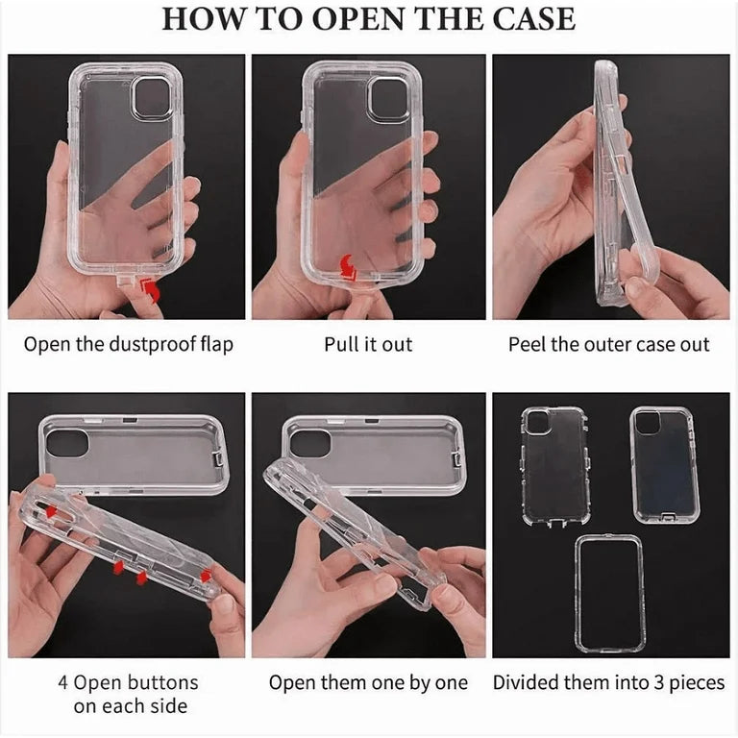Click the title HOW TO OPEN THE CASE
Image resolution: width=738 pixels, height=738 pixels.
click(368, 19)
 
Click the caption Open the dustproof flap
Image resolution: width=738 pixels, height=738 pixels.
click(129, 344)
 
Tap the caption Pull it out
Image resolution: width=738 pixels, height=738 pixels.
click(368, 344)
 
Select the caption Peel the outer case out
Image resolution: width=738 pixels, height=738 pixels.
click(609, 344)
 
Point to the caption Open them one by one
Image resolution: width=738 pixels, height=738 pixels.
click(368, 683)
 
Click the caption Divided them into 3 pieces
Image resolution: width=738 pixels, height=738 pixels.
click(609, 683)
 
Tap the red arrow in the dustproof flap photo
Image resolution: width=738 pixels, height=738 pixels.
click(151, 288)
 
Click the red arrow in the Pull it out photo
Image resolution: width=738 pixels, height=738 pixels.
click(350, 270)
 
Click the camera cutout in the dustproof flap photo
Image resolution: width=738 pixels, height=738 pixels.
click(151, 98)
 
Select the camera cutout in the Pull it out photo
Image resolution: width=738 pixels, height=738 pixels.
click(388, 98)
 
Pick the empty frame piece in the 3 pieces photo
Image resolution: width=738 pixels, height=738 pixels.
click(609, 592)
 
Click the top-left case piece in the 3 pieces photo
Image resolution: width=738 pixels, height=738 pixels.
click(554, 465)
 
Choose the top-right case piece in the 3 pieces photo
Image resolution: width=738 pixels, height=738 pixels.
click(664, 463)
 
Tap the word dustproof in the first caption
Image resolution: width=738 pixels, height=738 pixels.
click(146, 344)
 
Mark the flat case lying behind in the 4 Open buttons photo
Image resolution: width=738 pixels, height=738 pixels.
click(134, 447)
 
